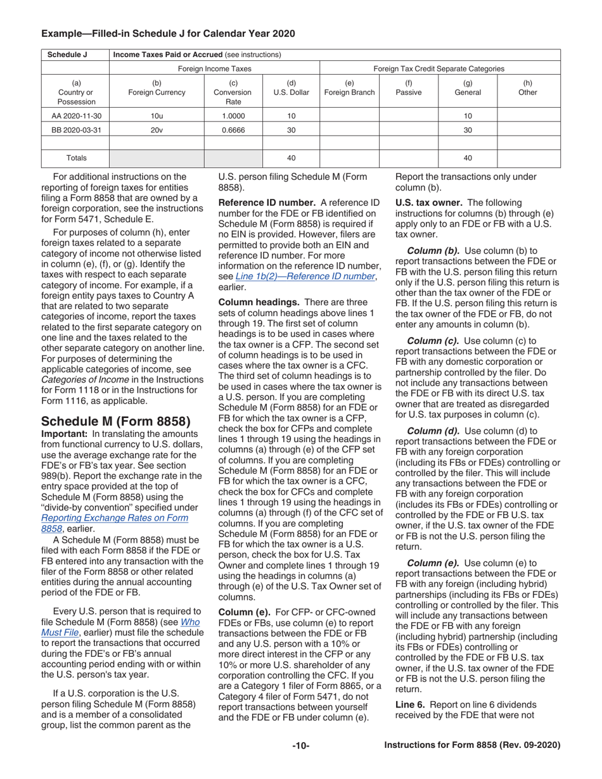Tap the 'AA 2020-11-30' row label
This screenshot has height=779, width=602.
coord(75,117)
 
